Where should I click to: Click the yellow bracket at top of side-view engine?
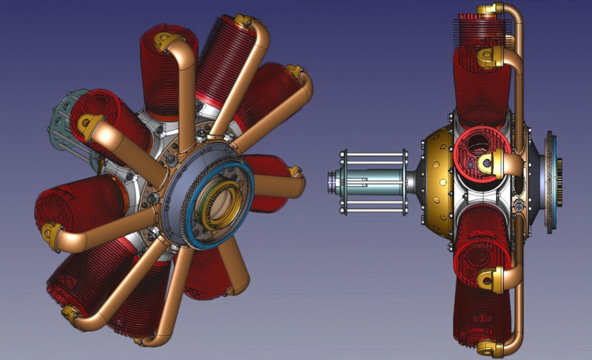(x=490, y=8)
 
